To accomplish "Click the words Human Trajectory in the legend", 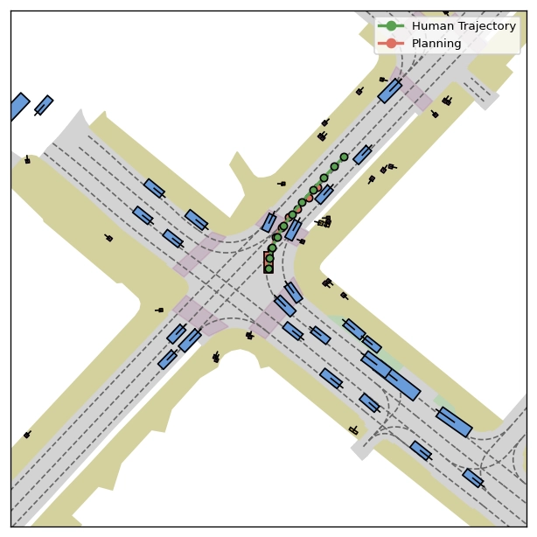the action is pos(464,26).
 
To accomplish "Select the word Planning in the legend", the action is pos(436,44).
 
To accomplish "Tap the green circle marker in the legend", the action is pos(391,25).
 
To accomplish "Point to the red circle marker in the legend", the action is pos(391,43).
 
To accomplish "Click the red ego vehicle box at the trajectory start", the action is pos(268,262).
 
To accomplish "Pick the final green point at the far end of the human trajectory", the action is pos(345,157).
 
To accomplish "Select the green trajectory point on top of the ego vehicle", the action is pos(269,268).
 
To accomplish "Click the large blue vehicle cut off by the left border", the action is pos(19,105).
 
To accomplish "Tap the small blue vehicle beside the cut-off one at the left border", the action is pos(44,105).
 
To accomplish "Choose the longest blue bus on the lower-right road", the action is pos(391,376).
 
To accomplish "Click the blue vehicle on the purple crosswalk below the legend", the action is pos(390,91).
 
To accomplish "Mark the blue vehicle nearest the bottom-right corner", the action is pos(472,478).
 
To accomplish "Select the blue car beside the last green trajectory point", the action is pos(362,155).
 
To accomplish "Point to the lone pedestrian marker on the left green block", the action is pos(109,238).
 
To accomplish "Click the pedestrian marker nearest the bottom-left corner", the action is pos(27,435).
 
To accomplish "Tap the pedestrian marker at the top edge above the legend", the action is pos(445,13).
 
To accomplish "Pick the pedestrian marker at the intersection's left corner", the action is pos(159,310).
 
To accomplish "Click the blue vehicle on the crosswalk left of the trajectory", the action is pos(268,222).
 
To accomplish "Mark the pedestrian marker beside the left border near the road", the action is pos(27,159).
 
